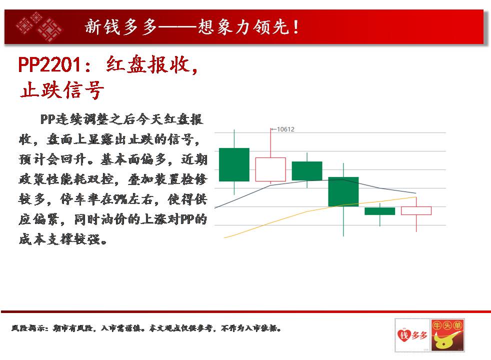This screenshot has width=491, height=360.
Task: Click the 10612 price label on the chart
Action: pyautogui.click(x=285, y=129)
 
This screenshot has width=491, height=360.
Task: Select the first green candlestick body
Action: pyautogui.click(x=234, y=164)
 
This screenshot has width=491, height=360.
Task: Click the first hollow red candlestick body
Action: pyautogui.click(x=270, y=169)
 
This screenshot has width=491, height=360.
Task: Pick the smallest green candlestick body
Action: pyautogui.click(x=380, y=211)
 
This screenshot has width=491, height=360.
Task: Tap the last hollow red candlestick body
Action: pyautogui.click(x=416, y=210)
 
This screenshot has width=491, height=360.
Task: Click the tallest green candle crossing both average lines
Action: pyautogui.click(x=343, y=191)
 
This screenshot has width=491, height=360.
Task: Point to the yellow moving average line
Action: pyautogui.click(x=320, y=209)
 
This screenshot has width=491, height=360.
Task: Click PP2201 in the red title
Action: pyautogui.click(x=50, y=65)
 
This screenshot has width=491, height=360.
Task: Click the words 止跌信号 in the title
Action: pyautogui.click(x=61, y=90)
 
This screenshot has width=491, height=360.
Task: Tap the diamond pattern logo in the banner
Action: pyautogui.click(x=39, y=27)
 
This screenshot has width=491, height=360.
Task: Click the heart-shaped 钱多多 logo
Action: pyautogui.click(x=412, y=335)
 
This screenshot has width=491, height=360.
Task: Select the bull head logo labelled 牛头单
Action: pyautogui.click(x=447, y=335)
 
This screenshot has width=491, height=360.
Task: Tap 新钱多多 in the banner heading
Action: pyautogui.click(x=121, y=26)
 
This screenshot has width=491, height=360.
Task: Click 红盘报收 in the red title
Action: pyautogui.click(x=148, y=65)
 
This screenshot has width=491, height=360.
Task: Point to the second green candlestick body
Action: pyautogui.click(x=307, y=171)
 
